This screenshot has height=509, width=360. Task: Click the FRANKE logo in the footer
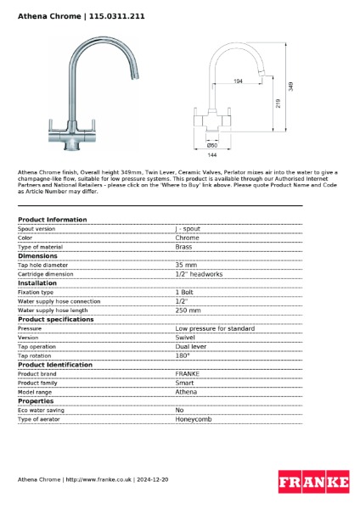pyautogui.click(x=313, y=482)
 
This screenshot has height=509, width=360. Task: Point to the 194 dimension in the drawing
pyautogui.click(x=237, y=81)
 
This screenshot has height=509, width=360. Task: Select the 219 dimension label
pyautogui.click(x=278, y=102)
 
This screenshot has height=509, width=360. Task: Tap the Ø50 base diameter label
pyautogui.click(x=212, y=146)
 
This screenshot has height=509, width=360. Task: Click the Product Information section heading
pyautogui.click(x=52, y=220)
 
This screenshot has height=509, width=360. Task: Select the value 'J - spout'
pyautogui.click(x=188, y=229)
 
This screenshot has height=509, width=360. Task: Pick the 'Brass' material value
pyautogui.click(x=183, y=247)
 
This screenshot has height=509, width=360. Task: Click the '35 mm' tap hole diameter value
pyautogui.click(x=186, y=265)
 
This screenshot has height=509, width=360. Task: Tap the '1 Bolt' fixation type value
pyautogui.click(x=184, y=292)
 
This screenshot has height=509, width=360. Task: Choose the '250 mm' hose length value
pyautogui.click(x=188, y=310)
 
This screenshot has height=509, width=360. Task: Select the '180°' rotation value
pyautogui.click(x=183, y=355)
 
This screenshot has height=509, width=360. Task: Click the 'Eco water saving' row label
pyautogui.click(x=42, y=409)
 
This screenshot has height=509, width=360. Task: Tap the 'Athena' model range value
pyautogui.click(x=186, y=391)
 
